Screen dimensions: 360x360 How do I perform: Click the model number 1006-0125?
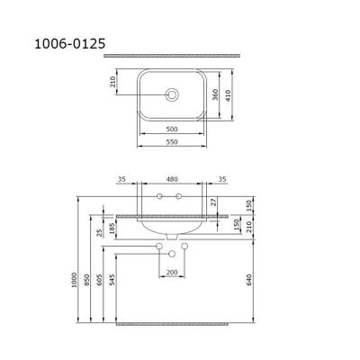point(70,44)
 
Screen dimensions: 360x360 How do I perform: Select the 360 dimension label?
point(215,94)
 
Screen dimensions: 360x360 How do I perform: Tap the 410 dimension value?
point(228,95)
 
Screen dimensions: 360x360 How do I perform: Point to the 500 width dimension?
point(172,130)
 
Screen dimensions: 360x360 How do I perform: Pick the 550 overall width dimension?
point(172,142)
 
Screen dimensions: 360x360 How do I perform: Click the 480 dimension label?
point(172,179)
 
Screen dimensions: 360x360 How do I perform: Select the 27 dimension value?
point(213,202)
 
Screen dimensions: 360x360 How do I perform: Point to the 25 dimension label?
point(100,232)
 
